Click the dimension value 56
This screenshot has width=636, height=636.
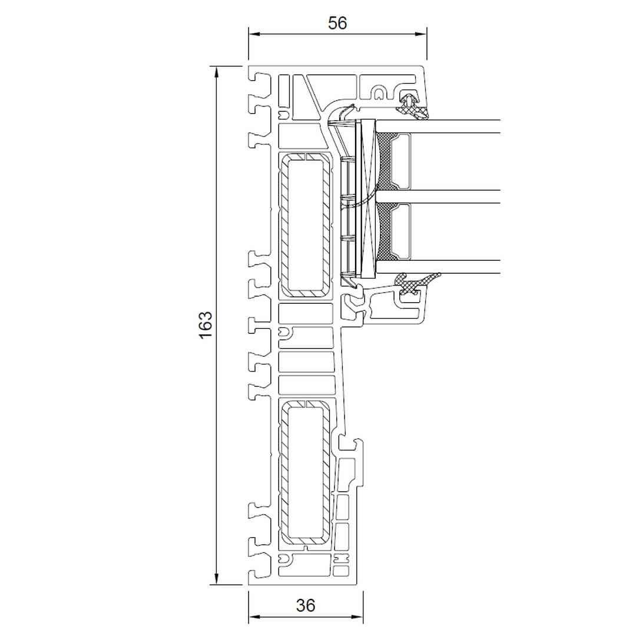coord(337,23)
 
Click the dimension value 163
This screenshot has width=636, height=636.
coord(206,325)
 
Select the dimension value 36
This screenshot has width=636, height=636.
coord(306,605)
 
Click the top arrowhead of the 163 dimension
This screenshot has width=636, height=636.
coord(217,72)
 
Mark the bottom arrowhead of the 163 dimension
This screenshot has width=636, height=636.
coord(217,579)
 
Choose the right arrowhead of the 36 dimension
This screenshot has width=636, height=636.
coord(358,617)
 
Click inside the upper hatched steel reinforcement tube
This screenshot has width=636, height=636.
coord(306,225)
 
